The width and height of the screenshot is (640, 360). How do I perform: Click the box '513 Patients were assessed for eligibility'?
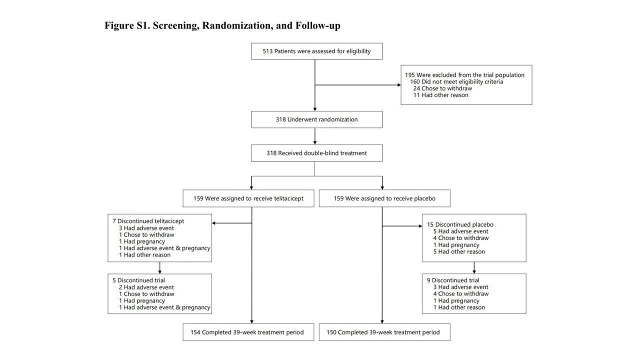click(316, 51)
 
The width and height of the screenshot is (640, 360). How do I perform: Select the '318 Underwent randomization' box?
click(316, 119)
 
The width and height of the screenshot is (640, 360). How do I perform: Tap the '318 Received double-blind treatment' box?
click(316, 153)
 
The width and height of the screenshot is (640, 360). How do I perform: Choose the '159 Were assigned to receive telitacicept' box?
click(248, 198)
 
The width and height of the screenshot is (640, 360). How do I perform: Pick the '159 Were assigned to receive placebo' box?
click(384, 198)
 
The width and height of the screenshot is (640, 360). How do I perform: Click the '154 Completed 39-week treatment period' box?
click(248, 332)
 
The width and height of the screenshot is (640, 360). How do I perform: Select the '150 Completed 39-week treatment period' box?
click(384, 332)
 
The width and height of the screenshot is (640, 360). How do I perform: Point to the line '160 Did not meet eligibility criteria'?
click(456, 81)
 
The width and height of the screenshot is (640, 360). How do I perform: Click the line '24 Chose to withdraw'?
click(442, 88)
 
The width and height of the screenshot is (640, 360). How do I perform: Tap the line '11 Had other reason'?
click(441, 95)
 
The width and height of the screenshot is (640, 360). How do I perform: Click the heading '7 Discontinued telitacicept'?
click(148, 221)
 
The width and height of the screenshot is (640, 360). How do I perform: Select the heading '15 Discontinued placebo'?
click(460, 224)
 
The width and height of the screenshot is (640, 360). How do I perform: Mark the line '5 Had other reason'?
click(459, 251)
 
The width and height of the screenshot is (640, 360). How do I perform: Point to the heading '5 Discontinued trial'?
click(138, 280)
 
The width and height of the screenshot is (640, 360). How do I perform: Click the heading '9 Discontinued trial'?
click(453, 280)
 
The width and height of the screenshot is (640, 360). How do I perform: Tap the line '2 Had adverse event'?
click(146, 287)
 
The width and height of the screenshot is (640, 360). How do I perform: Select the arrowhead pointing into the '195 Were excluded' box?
click(399, 85)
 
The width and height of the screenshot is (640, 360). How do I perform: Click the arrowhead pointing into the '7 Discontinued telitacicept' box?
click(213, 223)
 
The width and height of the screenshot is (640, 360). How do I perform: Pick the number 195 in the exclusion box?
click(409, 75)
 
